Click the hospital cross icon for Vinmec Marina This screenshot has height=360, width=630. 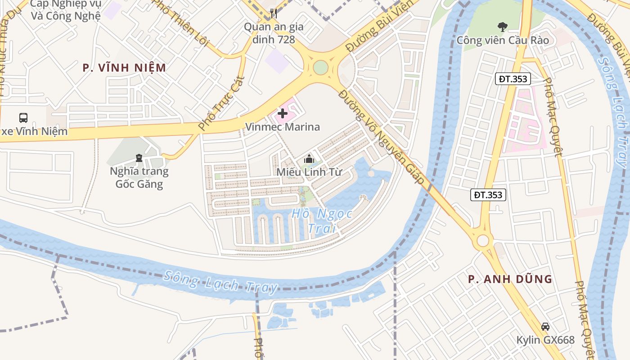tap(283, 114)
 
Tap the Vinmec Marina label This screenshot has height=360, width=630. tap(283, 127)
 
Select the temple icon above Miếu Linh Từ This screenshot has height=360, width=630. tap(309, 158)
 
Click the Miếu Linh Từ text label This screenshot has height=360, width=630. tap(309, 172)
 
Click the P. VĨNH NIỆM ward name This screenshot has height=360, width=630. tap(125, 68)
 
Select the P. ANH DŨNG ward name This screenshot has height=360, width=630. tap(510, 279)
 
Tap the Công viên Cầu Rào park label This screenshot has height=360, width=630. tap(503, 40)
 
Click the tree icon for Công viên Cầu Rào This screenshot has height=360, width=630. tap(502, 27)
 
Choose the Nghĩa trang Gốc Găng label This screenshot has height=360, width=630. tap(139, 177)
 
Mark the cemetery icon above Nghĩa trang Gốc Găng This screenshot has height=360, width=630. tap(139, 158)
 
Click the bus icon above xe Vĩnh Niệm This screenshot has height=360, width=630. tap(23, 118)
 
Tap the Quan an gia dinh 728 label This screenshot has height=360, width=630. tap(274, 33)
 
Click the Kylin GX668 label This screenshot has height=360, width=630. tap(545, 340)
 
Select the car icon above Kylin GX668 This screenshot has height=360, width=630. tap(545, 326)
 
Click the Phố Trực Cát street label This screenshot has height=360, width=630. tap(221, 104)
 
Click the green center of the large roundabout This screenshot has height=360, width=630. tap(320, 67)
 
